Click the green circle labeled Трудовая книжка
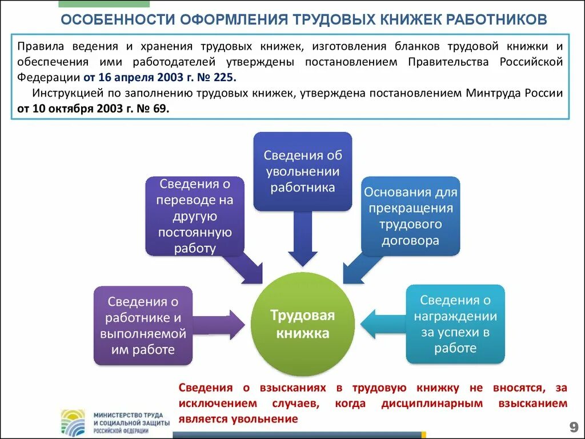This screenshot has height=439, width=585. coord(302,324)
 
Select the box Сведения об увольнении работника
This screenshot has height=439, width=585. coord(302,171)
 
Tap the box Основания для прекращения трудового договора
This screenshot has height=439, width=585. coord(410,216)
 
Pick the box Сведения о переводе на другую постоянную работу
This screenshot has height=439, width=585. coord(195,216)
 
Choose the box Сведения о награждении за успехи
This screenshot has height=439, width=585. coord(455,324)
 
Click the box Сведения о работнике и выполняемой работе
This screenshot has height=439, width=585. coord(143,325)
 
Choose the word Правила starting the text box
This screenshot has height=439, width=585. coord(35,46)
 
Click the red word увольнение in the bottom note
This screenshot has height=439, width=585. coord(265,419)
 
